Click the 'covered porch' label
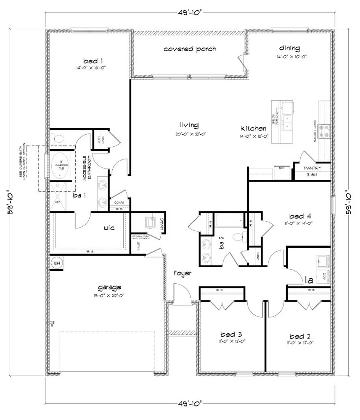(190, 49)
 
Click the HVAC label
(162, 225)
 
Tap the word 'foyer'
(182, 273)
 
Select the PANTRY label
(312, 168)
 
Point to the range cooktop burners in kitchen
(325, 130)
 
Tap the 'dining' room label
(289, 48)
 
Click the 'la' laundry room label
(308, 280)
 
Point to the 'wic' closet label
(109, 228)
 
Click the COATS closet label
(119, 203)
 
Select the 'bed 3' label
(231, 334)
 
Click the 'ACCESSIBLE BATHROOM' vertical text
(87, 168)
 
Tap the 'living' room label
(189, 125)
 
